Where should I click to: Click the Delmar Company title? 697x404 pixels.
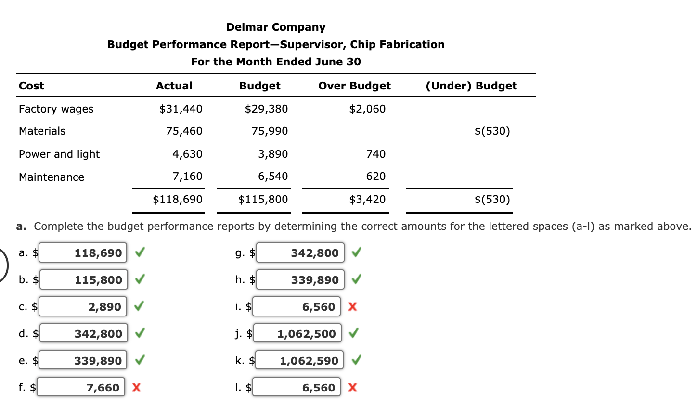pyautogui.click(x=276, y=27)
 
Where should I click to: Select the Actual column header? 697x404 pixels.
pyautogui.click(x=174, y=86)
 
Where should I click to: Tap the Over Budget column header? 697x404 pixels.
pyautogui.click(x=354, y=86)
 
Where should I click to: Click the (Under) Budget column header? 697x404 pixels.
pyautogui.click(x=471, y=86)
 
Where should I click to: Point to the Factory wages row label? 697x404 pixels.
pyautogui.click(x=56, y=109)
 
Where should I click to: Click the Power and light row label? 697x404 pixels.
pyautogui.click(x=59, y=154)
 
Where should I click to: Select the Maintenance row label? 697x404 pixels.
pyautogui.click(x=52, y=177)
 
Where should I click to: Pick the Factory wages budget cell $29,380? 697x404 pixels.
pyautogui.click(x=266, y=109)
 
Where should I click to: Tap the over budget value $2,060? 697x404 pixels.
pyautogui.click(x=367, y=109)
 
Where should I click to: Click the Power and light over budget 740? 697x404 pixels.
pyautogui.click(x=376, y=154)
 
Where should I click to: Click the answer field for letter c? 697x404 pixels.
pyautogui.click(x=83, y=307)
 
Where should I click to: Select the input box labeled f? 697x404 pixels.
pyautogui.click(x=82, y=388)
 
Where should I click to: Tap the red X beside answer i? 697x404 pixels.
pyautogui.click(x=352, y=307)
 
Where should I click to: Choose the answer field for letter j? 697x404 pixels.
pyautogui.click(x=298, y=334)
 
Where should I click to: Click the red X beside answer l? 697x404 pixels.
pyautogui.click(x=352, y=388)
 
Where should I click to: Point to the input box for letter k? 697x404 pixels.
pyautogui.click(x=300, y=361)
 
